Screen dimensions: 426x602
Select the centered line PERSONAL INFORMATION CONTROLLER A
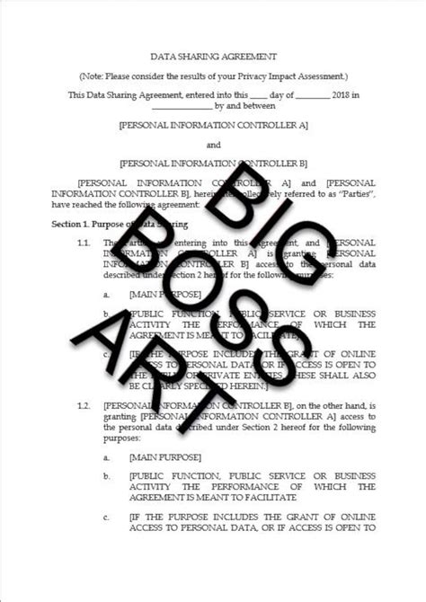(x=213, y=125)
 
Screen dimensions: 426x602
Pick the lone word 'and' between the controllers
(x=213, y=144)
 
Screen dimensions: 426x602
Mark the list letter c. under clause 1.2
(x=107, y=518)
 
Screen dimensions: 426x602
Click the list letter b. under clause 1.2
(x=107, y=474)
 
